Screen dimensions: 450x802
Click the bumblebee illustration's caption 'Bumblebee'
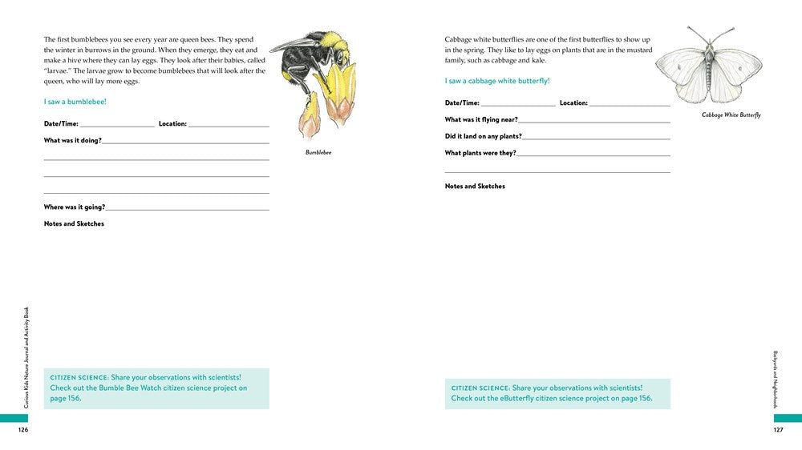[318, 152]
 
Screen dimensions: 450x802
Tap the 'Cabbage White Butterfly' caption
[731, 115]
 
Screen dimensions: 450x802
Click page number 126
[23, 430]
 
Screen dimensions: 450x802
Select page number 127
[778, 430]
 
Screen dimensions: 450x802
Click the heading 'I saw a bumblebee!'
[75, 102]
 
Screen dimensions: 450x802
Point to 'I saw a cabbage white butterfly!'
[497, 81]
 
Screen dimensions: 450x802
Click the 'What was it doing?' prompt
[72, 140]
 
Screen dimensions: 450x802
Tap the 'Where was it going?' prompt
[74, 207]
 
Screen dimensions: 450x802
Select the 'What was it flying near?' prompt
[481, 119]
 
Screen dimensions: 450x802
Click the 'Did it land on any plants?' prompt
[484, 136]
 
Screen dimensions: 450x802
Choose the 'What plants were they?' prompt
[480, 153]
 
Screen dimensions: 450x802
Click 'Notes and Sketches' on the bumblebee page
[74, 223]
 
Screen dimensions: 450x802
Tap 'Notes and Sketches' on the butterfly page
[475, 186]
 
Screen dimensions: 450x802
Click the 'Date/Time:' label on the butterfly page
[462, 102]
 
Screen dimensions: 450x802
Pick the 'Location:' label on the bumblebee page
[172, 123]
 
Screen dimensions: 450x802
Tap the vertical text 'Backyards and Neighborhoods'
[776, 379]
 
